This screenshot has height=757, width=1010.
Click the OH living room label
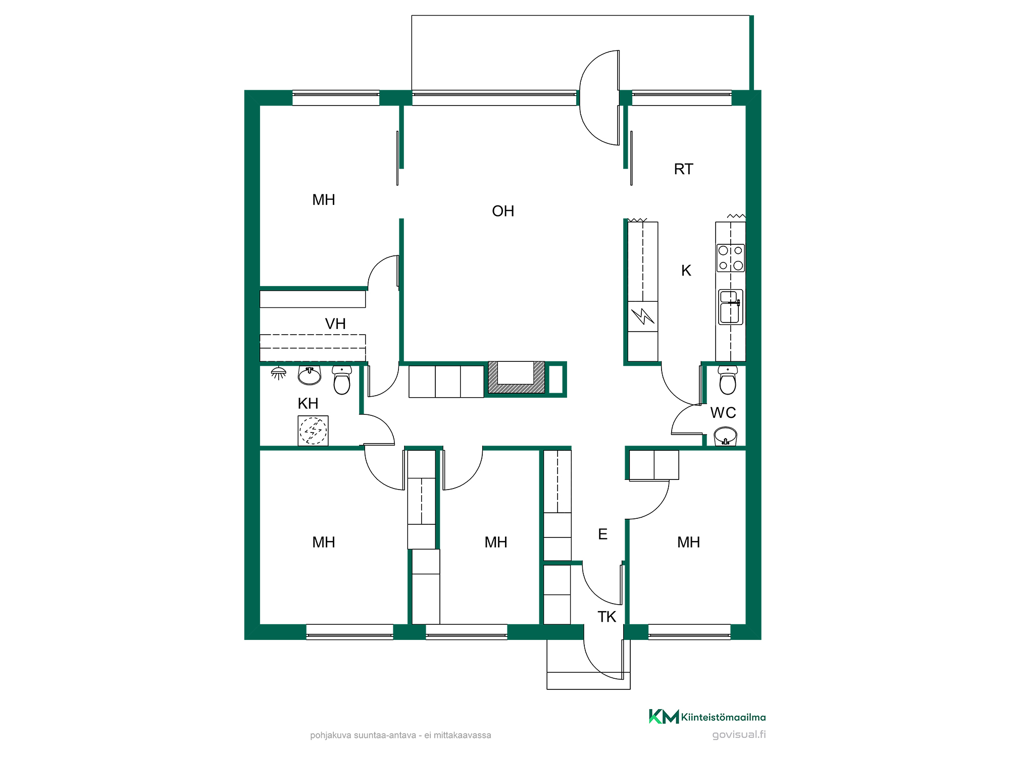[x=503, y=211]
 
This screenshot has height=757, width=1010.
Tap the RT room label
[x=684, y=169]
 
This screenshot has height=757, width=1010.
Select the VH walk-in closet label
[x=335, y=323]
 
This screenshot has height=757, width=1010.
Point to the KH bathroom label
[x=308, y=403]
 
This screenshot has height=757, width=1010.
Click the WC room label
[x=723, y=412]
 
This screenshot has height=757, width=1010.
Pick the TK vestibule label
[x=607, y=617]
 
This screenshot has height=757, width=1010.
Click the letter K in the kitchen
[x=686, y=271]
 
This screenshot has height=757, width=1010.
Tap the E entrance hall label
[x=602, y=534]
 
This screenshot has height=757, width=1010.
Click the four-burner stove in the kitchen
[x=731, y=258]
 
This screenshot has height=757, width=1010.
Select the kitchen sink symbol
[x=731, y=307]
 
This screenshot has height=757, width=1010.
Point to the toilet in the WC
[x=728, y=380]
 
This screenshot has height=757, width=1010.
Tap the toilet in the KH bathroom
[x=342, y=380]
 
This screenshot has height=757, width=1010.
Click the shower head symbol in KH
[x=278, y=373]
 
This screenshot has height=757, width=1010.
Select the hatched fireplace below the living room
[x=516, y=377]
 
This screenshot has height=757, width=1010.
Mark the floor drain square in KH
[x=313, y=430]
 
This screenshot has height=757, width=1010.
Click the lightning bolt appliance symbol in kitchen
[x=643, y=316]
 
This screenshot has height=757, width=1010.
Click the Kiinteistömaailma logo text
[x=723, y=717]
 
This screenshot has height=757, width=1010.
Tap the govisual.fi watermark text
[x=739, y=734]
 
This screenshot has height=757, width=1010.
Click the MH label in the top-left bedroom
[x=324, y=200]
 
